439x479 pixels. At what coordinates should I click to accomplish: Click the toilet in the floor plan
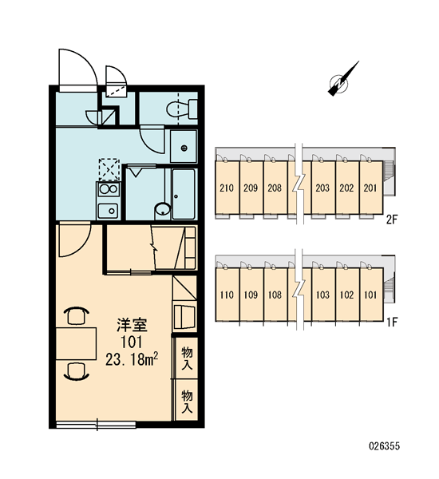tap(182, 109)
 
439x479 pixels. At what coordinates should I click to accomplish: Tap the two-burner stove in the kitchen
tap(109, 189)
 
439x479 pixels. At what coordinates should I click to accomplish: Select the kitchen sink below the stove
tap(108, 211)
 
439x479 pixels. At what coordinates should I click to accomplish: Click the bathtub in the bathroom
tap(184, 194)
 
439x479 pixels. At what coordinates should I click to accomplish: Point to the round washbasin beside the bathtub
tap(163, 210)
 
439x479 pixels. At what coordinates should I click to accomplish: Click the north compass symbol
tap(343, 79)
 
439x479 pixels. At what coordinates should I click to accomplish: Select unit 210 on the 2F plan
tap(227, 187)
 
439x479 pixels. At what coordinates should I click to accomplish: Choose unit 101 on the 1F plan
tap(371, 295)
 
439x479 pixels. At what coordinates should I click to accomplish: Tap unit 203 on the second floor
tap(322, 188)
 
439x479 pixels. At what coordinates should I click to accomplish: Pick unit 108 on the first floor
tap(275, 295)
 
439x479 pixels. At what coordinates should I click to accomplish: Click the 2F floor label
tap(392, 220)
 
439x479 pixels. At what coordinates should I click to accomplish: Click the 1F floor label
tap(392, 322)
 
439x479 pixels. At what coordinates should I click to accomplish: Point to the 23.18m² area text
tap(132, 359)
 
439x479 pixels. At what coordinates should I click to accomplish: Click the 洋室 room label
tap(132, 325)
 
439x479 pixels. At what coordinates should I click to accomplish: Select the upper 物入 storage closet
tap(187, 358)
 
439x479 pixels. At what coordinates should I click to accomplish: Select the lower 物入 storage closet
tap(187, 400)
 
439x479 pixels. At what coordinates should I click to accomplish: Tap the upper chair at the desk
tap(76, 316)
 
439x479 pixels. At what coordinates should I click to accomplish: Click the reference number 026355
tap(384, 446)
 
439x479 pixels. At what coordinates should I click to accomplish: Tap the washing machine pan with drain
tap(184, 146)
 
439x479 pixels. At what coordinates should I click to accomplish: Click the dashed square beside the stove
tap(109, 169)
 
